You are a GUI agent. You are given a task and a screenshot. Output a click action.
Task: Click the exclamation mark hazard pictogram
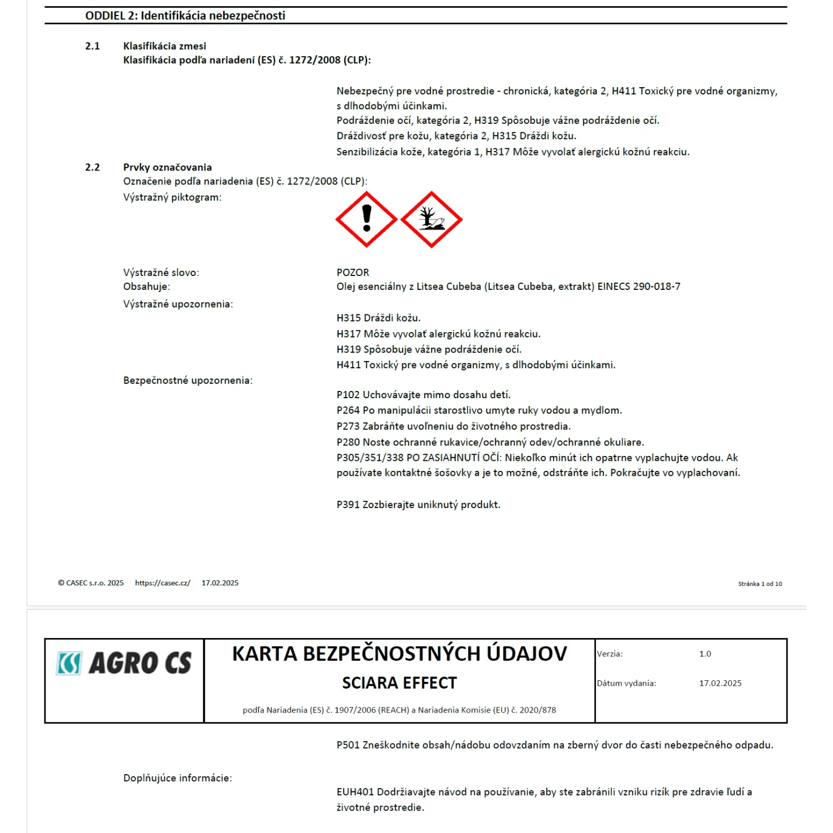[x=366, y=219]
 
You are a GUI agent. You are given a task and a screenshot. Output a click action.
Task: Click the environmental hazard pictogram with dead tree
[x=431, y=219]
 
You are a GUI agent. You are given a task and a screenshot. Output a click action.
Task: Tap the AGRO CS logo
[x=124, y=663]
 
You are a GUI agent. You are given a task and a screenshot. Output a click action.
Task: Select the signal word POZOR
[x=353, y=273]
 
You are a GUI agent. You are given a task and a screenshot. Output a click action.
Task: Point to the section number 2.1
[x=92, y=46]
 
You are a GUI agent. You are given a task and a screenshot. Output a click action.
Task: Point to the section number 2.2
[x=92, y=167]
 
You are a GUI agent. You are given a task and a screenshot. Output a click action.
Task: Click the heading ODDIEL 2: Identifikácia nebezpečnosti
[x=185, y=16]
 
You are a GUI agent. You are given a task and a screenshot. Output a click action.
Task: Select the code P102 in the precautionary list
[x=348, y=395]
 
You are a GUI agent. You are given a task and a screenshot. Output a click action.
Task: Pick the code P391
[x=348, y=505]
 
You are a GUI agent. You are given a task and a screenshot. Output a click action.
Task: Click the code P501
[x=348, y=745]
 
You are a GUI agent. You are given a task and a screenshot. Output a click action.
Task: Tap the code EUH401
[x=355, y=792]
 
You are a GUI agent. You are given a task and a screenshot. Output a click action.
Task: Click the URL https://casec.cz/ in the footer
[x=163, y=583]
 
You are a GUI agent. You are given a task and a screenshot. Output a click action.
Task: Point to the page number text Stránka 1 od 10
[x=760, y=584]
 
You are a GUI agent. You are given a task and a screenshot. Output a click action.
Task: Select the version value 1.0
[x=705, y=654]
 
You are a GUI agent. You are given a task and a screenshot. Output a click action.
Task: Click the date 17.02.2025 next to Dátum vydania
[x=720, y=684]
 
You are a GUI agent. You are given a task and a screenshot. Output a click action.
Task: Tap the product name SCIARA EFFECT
[x=399, y=683]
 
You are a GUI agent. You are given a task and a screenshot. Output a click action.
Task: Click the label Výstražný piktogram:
[x=172, y=197]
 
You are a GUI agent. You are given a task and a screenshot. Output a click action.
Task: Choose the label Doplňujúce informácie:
[x=178, y=778]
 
